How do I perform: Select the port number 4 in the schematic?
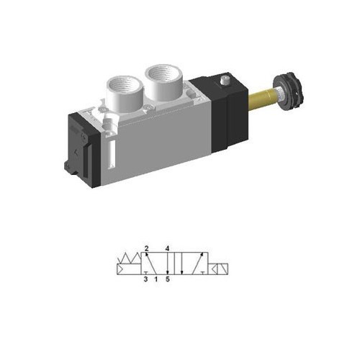click(x=167, y=248)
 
